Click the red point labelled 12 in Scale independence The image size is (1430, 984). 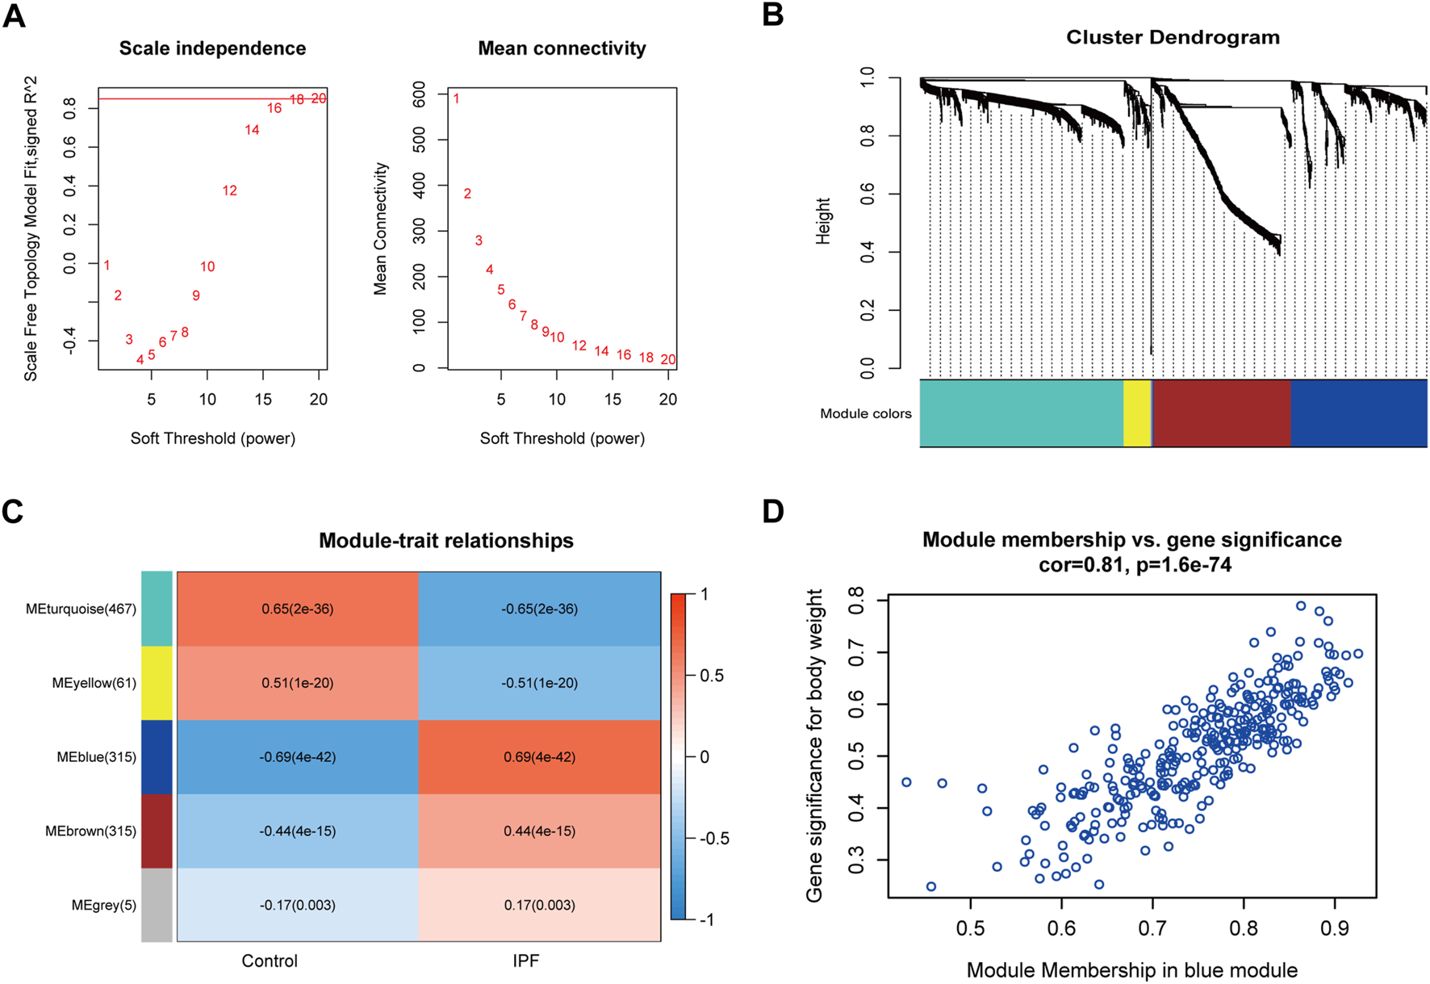pos(230,191)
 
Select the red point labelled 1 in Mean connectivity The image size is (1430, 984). pos(456,98)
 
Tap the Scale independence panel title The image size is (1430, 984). pos(212,48)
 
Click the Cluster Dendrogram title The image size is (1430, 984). pos(1173,37)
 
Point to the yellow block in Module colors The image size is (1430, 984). pos(1136,412)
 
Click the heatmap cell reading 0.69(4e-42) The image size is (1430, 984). pos(539,757)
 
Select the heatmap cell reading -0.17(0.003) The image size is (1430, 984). pos(297,905)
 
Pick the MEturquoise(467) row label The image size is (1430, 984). pos(81,609)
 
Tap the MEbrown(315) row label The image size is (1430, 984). pos(90,831)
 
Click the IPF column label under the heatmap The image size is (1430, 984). pos(525,961)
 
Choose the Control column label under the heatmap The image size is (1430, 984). pos(270,961)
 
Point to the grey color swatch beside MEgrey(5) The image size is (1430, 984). pos(157,905)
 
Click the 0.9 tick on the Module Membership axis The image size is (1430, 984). pos(1335,928)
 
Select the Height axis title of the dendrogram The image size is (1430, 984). pos(823,221)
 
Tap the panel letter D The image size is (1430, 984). pos(773,512)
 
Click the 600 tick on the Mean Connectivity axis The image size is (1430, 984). pos(419,94)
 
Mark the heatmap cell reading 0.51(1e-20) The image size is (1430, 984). pos(297,683)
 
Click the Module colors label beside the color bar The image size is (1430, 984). pos(865,413)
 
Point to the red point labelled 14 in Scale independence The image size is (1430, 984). pos(252,129)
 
